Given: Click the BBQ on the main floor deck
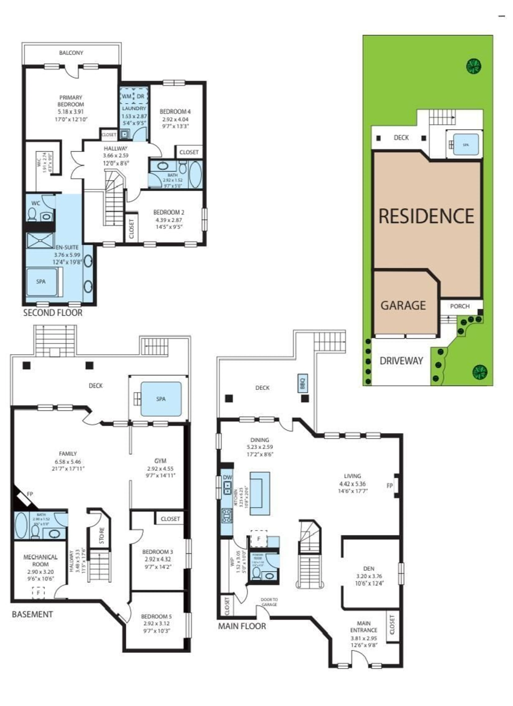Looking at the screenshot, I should click(x=303, y=383).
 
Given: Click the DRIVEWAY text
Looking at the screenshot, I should click(x=401, y=361).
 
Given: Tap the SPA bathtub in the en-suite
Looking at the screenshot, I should click(x=41, y=281).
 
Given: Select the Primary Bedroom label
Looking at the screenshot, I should click(x=71, y=101).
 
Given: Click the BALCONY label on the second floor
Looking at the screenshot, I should click(x=71, y=53).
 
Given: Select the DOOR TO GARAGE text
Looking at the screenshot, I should click(x=269, y=602).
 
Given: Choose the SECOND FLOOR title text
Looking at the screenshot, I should click(x=53, y=313).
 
